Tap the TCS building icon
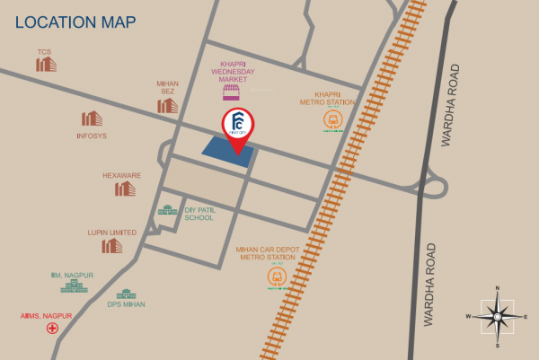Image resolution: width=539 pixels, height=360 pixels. (46, 64)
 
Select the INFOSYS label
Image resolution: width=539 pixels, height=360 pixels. (92, 136)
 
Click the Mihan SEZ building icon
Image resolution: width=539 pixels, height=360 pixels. (168, 105)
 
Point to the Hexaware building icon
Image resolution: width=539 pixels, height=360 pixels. (125, 189)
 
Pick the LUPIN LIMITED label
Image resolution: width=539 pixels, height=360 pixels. (112, 233)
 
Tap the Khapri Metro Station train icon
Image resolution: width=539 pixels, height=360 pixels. (334, 119)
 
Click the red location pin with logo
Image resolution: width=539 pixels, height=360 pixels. (238, 128)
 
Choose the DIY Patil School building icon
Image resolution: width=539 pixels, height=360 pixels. (167, 210)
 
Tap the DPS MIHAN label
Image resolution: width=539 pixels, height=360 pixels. (125, 305)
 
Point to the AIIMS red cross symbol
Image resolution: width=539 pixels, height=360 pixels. (53, 328)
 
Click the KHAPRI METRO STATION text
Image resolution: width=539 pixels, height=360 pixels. (333, 98)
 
